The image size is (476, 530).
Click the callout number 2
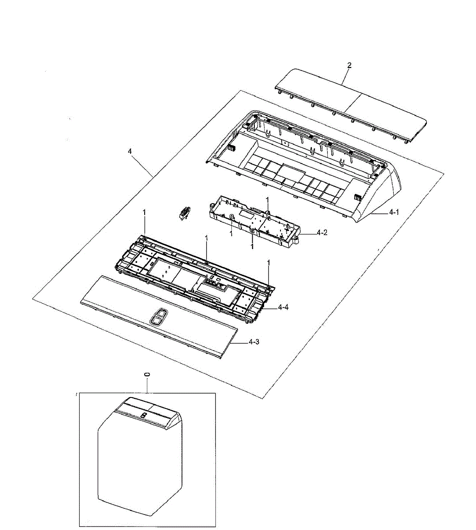(x=349, y=65)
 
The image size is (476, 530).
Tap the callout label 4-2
(x=322, y=232)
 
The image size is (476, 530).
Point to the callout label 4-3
(x=254, y=342)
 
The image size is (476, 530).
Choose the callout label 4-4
(x=283, y=307)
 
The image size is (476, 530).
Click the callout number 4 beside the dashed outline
(x=130, y=151)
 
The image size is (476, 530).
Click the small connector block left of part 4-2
(x=185, y=213)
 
